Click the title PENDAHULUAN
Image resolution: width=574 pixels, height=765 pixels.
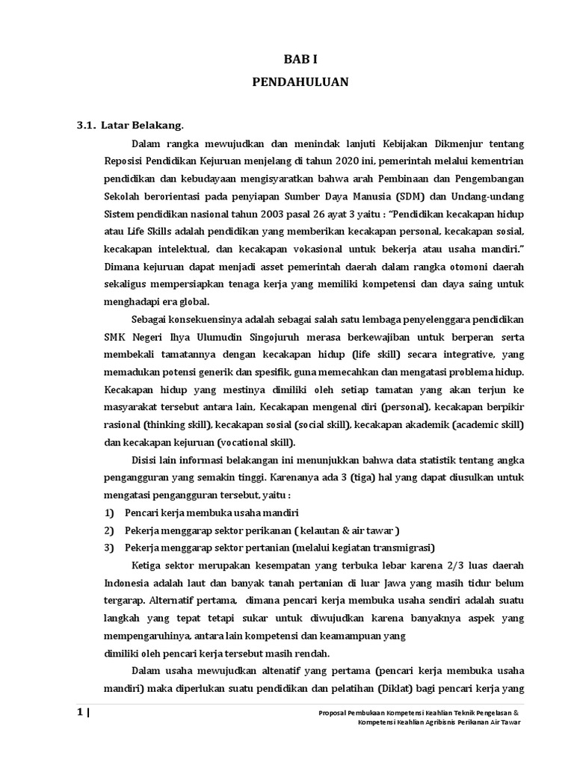pyautogui.click(x=299, y=82)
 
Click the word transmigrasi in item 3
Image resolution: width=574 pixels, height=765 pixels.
pyautogui.click(x=400, y=548)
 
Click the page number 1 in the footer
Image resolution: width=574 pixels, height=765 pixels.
pyautogui.click(x=79, y=713)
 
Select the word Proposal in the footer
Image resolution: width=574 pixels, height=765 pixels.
pyautogui.click(x=333, y=713)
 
